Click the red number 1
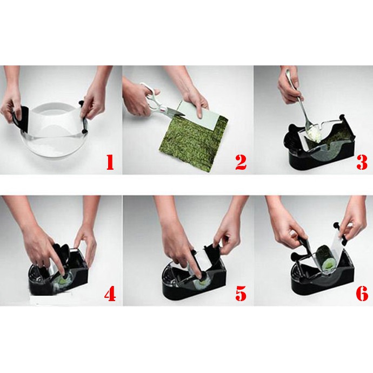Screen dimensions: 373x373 [110, 162]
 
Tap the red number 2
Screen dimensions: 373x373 [241, 162]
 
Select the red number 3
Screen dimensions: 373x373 [362, 162]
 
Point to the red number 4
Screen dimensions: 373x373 [110, 293]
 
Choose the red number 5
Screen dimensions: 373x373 [241, 293]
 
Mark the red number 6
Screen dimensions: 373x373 [362, 293]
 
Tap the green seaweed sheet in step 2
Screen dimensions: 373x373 [193, 142]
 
